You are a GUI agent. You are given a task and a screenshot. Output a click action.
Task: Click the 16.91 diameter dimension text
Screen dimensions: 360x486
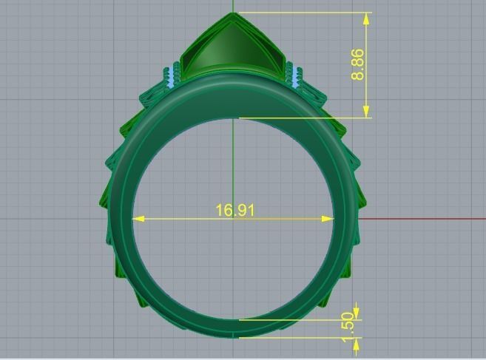click(x=234, y=211)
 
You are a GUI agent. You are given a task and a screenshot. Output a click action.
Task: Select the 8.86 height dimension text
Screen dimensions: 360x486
click(x=358, y=64)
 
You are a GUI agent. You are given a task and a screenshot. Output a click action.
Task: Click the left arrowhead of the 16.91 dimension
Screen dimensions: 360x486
click(x=138, y=219)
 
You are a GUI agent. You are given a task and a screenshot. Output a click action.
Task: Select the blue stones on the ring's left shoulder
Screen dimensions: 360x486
click(x=174, y=75)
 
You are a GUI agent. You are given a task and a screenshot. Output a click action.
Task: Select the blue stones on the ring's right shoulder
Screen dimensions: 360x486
click(x=295, y=75)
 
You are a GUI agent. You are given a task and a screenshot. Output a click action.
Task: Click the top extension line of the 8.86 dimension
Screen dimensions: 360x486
click(x=303, y=13)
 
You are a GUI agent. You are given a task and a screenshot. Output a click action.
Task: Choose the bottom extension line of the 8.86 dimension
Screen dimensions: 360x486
click(x=303, y=118)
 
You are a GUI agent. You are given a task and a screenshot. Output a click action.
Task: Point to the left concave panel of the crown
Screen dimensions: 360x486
click(x=203, y=55)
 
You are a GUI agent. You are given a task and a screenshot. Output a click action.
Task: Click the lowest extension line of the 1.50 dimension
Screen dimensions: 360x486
click(x=296, y=338)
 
